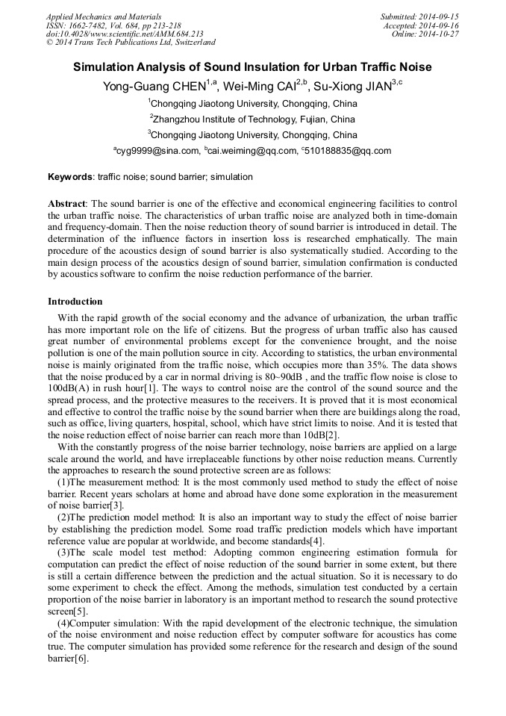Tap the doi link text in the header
click(x=125, y=34)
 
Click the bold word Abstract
click(x=67, y=204)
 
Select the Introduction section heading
click(x=75, y=302)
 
